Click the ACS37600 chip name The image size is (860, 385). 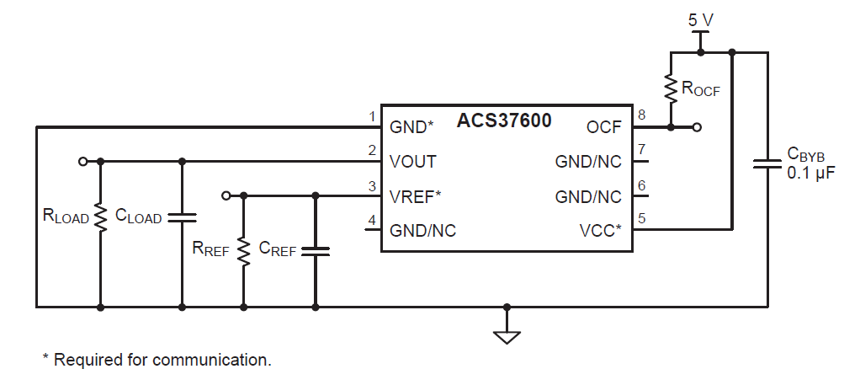[504, 120]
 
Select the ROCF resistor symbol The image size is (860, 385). [671, 88]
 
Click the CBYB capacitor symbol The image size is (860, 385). [767, 163]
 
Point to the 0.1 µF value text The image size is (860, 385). [810, 173]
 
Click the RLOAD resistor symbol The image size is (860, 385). [100, 217]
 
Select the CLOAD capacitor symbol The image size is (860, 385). [182, 217]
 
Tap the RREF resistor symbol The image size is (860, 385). [243, 249]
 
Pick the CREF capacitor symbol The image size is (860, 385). [316, 250]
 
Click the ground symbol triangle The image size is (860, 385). [506, 337]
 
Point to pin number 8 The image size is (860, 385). [641, 115]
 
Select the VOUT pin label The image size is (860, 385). [413, 161]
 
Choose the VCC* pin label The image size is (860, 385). [600, 230]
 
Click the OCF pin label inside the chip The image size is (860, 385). [603, 127]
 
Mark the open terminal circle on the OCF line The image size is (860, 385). [698, 127]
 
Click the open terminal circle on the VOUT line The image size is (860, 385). [82, 160]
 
